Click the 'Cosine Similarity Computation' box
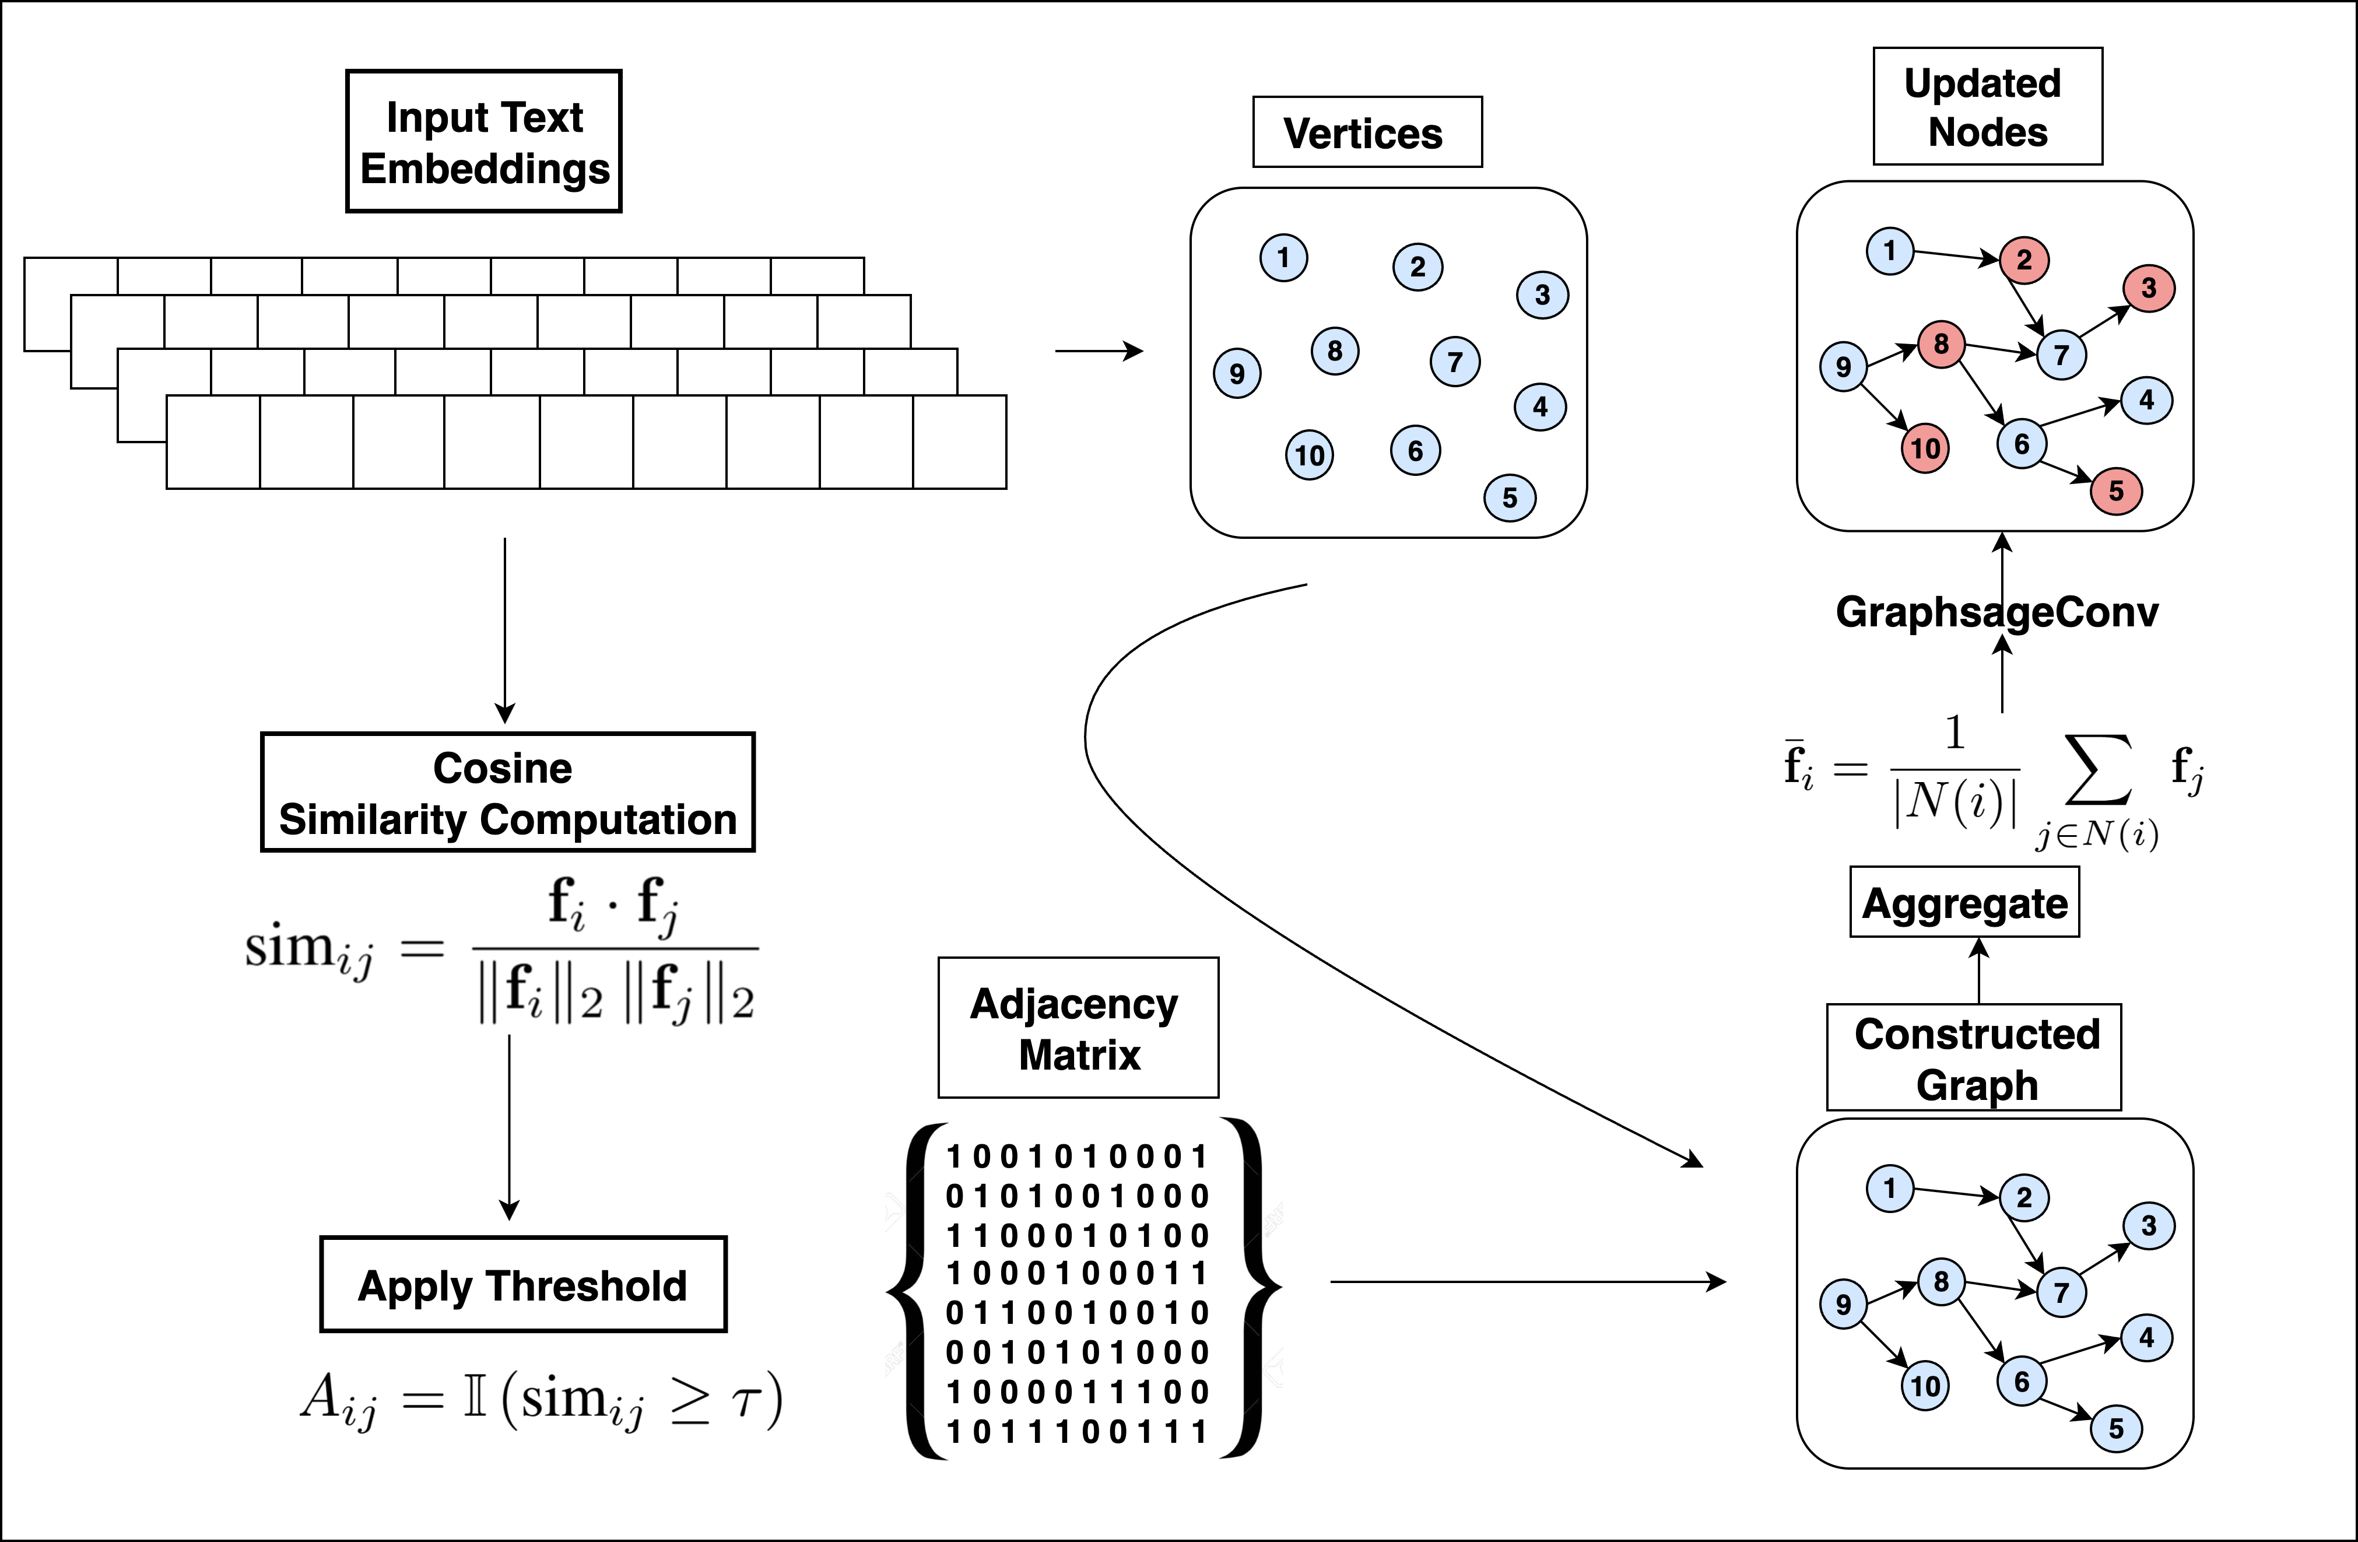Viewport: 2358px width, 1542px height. tap(507, 793)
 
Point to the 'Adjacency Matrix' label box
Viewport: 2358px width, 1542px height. tap(1078, 1028)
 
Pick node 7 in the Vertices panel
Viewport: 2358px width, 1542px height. tap(1454, 362)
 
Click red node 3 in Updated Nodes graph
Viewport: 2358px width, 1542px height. tap(2148, 288)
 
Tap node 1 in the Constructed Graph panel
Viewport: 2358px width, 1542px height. tap(1889, 1188)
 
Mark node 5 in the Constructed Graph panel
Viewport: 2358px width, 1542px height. tap(2116, 1429)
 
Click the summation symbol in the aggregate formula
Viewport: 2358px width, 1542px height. tap(2097, 771)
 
